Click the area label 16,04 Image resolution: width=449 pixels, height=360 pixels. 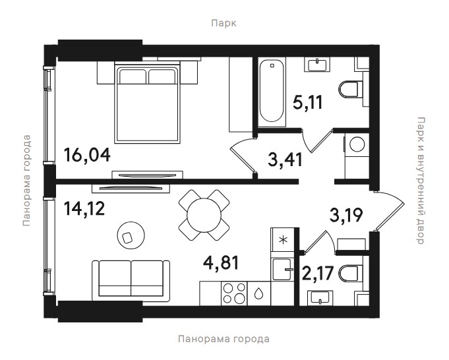87,155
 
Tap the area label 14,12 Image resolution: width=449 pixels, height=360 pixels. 84,208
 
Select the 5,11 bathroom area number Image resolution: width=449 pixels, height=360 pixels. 308,102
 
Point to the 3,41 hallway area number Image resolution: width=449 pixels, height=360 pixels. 285,160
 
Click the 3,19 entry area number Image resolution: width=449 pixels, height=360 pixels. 346,215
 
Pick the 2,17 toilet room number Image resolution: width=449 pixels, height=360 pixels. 318,273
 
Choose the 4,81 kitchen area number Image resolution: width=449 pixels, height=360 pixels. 221,263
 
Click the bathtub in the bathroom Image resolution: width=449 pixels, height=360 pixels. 272,92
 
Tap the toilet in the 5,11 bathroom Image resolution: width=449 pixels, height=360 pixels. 351,89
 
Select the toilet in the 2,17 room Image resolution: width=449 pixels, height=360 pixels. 351,273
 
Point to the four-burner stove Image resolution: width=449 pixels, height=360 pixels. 234,293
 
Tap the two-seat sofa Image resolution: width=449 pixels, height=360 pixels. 131,280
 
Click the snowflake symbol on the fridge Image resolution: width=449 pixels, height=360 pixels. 283,240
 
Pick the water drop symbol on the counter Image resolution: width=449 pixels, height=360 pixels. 258,293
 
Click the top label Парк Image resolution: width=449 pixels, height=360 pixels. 224,23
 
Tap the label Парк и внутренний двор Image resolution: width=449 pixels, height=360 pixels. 419,180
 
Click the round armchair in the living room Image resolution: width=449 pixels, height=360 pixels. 131,235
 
